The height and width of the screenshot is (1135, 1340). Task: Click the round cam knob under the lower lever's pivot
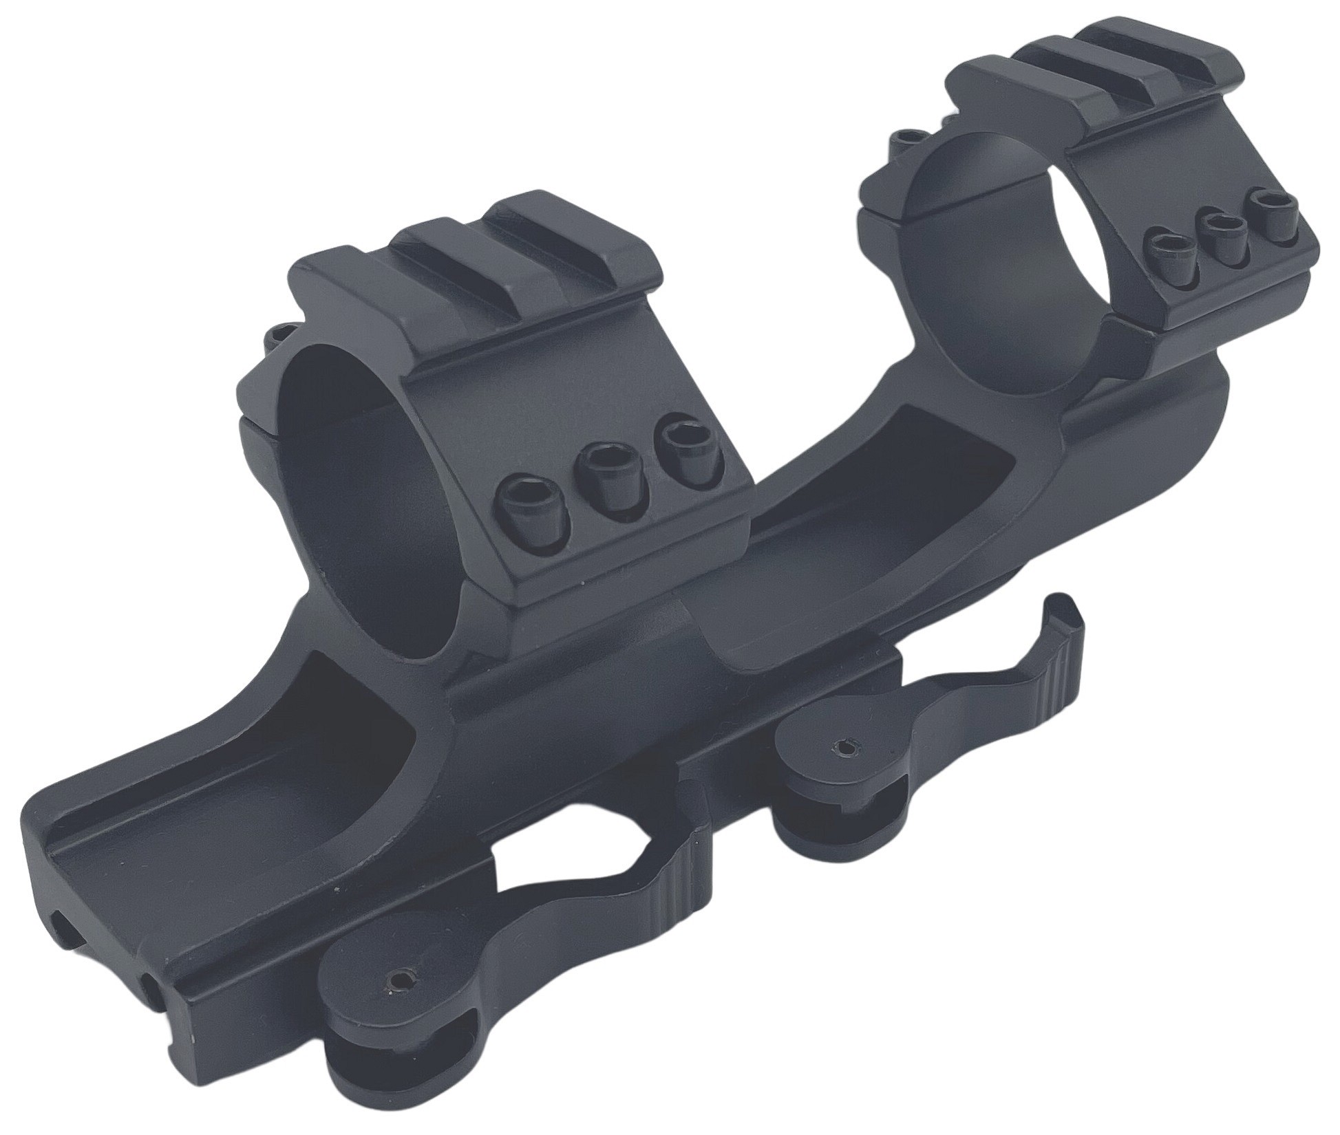click(358, 1073)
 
